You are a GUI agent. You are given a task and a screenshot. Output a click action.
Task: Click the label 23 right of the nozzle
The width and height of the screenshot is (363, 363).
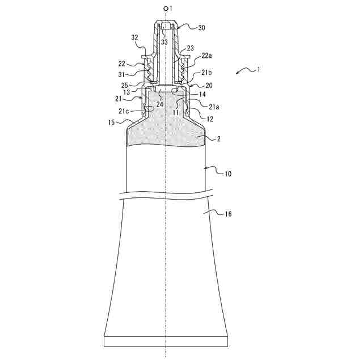coord(191,48)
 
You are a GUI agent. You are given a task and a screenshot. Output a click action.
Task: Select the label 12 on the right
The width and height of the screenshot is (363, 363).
coord(210,120)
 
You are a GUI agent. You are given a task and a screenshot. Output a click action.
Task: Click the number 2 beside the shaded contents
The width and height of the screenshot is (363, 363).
coord(218,138)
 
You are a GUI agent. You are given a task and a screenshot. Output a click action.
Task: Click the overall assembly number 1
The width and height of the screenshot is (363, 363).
coord(259,70)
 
